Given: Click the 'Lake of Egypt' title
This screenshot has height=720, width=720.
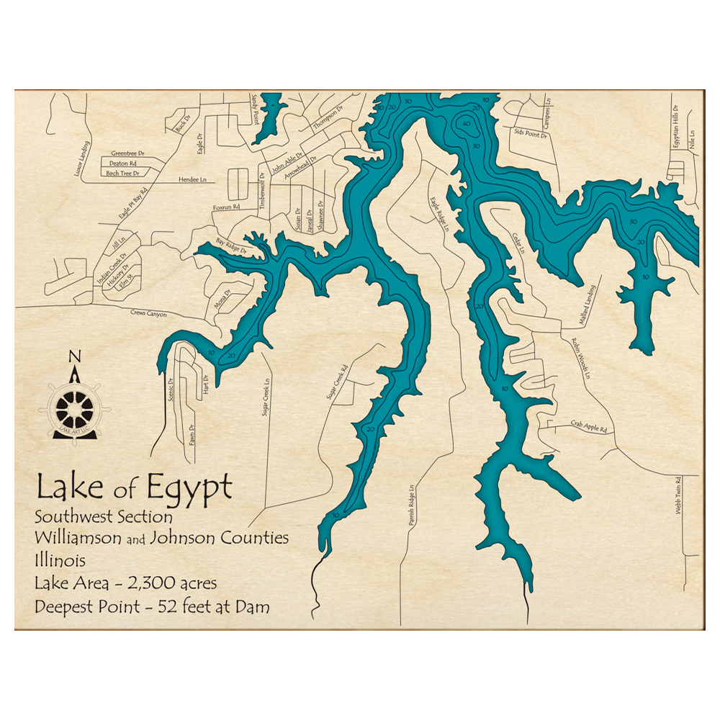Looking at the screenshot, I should coord(134,487).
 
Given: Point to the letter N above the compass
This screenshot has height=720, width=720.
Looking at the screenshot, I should coord(73,356).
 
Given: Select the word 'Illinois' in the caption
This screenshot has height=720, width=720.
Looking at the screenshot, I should coord(60,560).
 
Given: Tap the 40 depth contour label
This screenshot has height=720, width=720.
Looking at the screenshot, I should coord(467,124).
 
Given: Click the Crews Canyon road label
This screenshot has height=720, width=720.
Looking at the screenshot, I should coord(148,314).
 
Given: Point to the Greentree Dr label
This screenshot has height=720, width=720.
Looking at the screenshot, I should coord(128,153).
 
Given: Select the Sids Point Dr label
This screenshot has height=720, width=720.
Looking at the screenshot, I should coord(528,133).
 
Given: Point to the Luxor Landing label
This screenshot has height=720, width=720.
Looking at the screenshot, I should coord(87,159).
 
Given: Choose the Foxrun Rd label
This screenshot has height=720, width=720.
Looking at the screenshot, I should coord(225,207).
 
